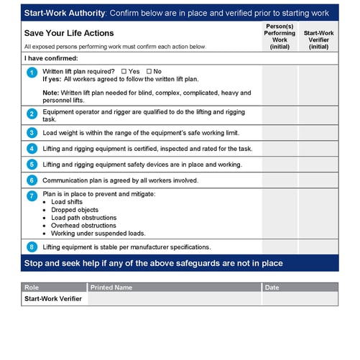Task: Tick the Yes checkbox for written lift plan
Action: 124,72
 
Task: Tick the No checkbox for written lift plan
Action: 149,72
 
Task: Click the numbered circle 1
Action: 32,73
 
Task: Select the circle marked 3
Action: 32,133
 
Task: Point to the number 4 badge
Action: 32,149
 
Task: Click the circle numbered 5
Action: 32,165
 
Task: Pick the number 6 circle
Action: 32,180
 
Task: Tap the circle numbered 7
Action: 32,195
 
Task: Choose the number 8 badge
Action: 32,246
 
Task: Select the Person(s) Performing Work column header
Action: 280,36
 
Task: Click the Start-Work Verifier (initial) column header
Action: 318,40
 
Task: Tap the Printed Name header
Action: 111,287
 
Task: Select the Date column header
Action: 272,287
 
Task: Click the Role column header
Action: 32,287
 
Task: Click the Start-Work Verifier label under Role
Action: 54,299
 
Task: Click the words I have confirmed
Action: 51,58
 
